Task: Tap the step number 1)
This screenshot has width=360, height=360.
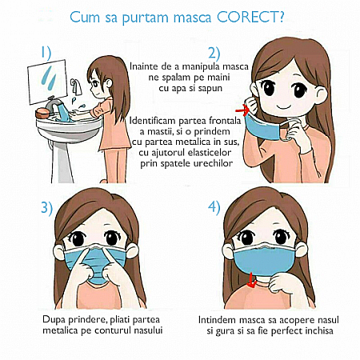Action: coord(46,53)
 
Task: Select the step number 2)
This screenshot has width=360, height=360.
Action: coord(214,53)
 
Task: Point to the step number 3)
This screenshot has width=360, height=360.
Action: coord(47,208)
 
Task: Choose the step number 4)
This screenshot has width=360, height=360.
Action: coord(214,207)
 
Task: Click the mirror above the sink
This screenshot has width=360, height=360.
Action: coord(47,82)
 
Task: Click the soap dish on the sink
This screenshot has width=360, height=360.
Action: coord(42,113)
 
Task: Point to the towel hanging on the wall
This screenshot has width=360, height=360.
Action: coord(76,86)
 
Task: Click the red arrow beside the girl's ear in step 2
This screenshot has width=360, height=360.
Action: coord(242,110)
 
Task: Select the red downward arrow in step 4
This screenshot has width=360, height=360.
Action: coord(250,281)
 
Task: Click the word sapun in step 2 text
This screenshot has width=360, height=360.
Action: coord(210,88)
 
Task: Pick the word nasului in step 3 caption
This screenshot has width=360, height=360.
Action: coord(148,330)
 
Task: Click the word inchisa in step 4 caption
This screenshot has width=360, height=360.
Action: coord(319,330)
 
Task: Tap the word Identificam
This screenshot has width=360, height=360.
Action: coord(153,121)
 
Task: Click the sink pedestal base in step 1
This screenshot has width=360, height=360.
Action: coord(62,162)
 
